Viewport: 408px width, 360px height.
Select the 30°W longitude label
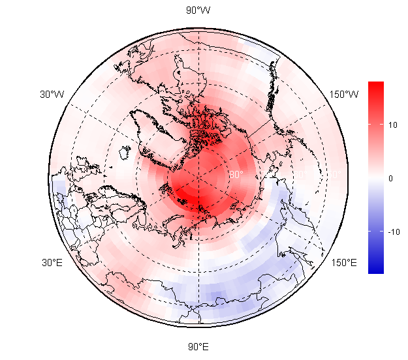(x=52, y=95)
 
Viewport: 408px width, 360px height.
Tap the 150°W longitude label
(x=343, y=95)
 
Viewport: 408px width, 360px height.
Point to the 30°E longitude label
(x=52, y=263)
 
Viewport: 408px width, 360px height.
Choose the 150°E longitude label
(x=343, y=263)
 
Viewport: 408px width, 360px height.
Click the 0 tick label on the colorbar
(x=391, y=178)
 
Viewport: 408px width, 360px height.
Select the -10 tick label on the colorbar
(x=394, y=232)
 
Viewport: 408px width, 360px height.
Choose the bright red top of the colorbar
(x=375, y=86)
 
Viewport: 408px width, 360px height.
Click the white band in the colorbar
(x=375, y=178)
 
